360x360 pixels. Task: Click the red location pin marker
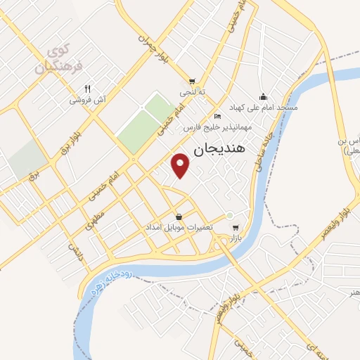click(x=181, y=165)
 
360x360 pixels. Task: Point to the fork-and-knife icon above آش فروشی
click(x=88, y=89)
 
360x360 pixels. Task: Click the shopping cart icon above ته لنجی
click(x=191, y=82)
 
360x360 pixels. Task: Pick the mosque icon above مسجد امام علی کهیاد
click(x=264, y=96)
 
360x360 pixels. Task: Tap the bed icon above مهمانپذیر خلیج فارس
click(x=217, y=116)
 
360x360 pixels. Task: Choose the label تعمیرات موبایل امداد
click(x=179, y=229)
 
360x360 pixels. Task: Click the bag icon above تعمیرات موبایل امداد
click(x=179, y=217)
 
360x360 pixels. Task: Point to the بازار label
click(x=236, y=239)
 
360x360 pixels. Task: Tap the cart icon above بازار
click(x=236, y=228)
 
